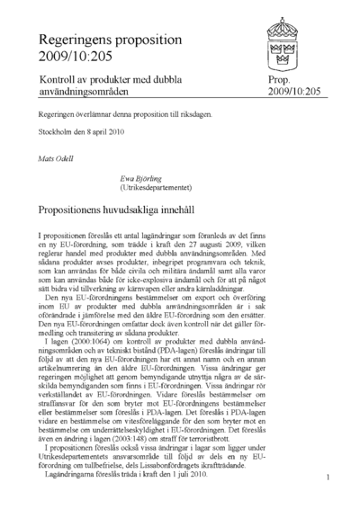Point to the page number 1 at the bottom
tap(329, 478)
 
